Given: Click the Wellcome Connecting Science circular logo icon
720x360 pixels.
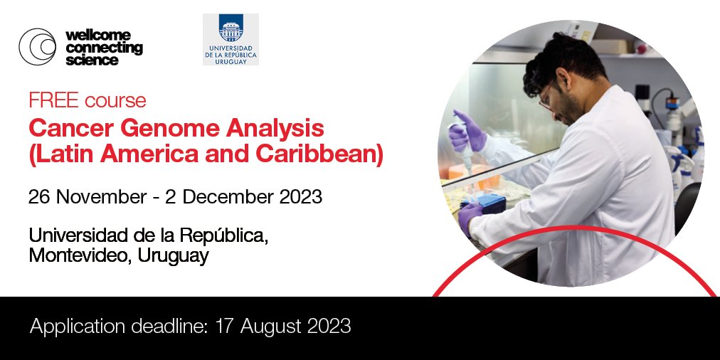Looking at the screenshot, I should pyautogui.click(x=37, y=47).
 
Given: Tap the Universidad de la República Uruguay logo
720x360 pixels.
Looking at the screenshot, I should pyautogui.click(x=231, y=39).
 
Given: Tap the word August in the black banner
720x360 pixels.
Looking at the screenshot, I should pyautogui.click(x=272, y=326).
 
